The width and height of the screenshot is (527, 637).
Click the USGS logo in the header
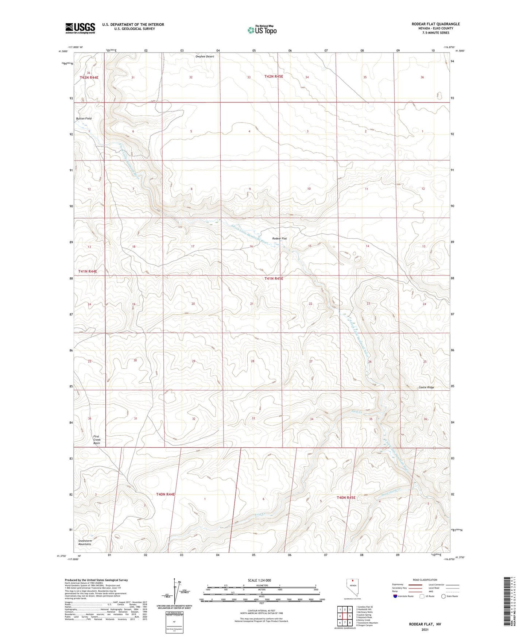pyautogui.click(x=80, y=28)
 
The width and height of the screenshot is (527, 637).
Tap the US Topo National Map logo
pyautogui.click(x=262, y=30)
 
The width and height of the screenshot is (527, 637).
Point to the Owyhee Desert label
pyautogui.click(x=205, y=57)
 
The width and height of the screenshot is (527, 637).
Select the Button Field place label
pyautogui.click(x=84, y=119)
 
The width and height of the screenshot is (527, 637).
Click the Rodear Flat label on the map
pyautogui.click(x=279, y=239)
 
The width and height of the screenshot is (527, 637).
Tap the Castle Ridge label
pyautogui.click(x=426, y=387)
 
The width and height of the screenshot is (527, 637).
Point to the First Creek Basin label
pyautogui.click(x=97, y=440)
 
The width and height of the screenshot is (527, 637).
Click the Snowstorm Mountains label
pyautogui.click(x=85, y=542)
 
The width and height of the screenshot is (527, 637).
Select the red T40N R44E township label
pyautogui.click(x=166, y=494)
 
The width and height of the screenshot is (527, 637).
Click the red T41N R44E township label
pyautogui.click(x=88, y=271)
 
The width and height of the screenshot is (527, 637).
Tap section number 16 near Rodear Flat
pyautogui.click(x=251, y=247)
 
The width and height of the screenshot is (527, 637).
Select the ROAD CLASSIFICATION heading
pyautogui.click(x=425, y=580)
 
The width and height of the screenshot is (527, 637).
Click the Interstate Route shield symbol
pyautogui.click(x=395, y=596)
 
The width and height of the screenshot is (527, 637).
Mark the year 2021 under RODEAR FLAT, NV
pyautogui.click(x=425, y=629)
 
